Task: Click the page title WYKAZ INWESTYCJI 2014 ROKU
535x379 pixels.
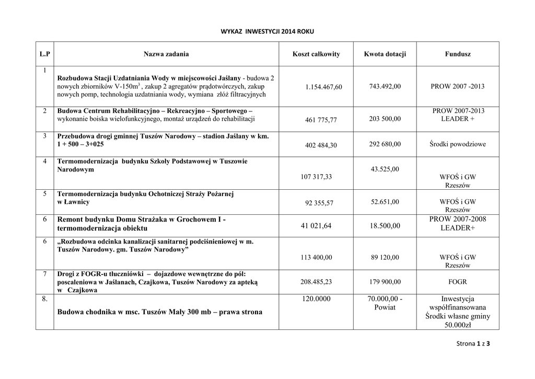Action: (267, 31)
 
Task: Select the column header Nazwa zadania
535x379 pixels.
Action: (167, 54)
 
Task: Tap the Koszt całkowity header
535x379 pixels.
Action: (316, 54)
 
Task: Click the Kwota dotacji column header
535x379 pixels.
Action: (385, 54)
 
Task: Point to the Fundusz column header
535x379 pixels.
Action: (458, 54)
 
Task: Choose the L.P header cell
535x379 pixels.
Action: (45, 54)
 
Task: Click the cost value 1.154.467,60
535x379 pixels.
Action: (323, 87)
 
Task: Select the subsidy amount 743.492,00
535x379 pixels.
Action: (385, 86)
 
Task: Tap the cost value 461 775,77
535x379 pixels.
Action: (321, 120)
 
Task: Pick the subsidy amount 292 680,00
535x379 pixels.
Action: (385, 144)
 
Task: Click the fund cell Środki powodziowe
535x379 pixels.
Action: (458, 144)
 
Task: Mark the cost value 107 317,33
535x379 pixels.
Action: (316, 177)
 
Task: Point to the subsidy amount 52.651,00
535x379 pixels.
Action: (385, 201)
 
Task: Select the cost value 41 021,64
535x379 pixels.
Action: (316, 226)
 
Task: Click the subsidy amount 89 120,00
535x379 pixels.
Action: (385, 257)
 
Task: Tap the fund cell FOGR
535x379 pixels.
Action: (458, 281)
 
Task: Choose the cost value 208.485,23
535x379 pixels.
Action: (316, 281)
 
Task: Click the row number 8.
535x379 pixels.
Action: (45, 299)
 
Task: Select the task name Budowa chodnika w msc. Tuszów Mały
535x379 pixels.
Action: (160, 312)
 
